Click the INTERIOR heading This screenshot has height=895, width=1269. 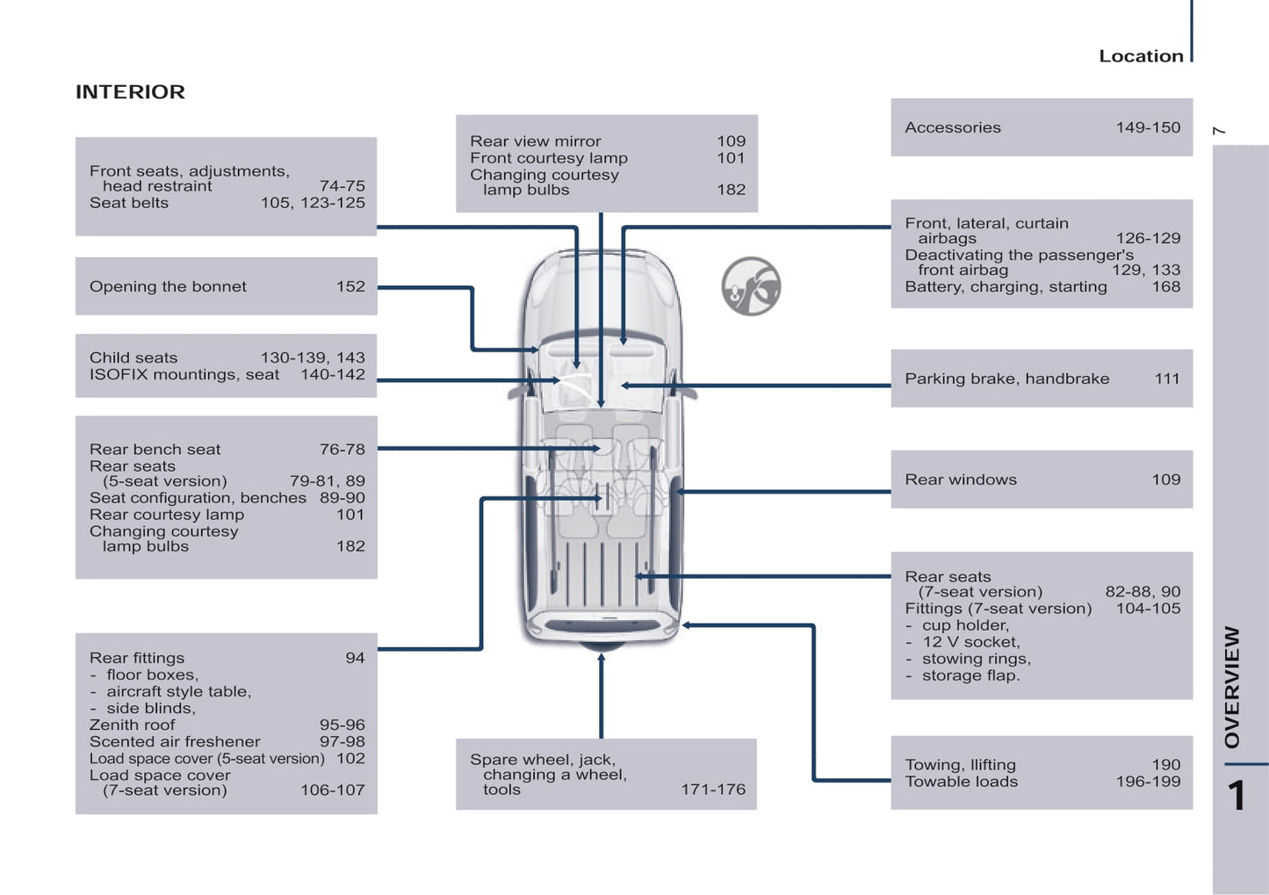click(x=130, y=92)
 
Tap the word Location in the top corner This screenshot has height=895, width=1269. click(x=1141, y=56)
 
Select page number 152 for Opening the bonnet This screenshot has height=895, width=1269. click(x=350, y=286)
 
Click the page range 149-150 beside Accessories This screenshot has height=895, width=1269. click(x=1148, y=127)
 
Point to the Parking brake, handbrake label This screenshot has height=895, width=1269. click(x=1006, y=379)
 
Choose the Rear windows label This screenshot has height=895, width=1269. click(x=961, y=480)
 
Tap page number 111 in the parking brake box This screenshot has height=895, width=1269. click(x=1166, y=379)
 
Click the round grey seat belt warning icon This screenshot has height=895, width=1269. click(x=751, y=286)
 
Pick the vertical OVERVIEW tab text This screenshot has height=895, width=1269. click(x=1233, y=686)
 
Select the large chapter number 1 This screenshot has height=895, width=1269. click(x=1237, y=796)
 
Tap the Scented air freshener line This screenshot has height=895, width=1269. click(x=175, y=741)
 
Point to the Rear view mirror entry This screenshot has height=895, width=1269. click(x=535, y=141)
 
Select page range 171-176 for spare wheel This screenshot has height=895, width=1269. click(x=712, y=790)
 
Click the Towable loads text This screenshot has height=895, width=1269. click(x=961, y=782)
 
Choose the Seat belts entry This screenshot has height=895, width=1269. click(x=128, y=203)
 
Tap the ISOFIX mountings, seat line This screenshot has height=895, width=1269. click(x=184, y=374)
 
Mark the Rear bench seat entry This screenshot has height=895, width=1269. click(x=155, y=450)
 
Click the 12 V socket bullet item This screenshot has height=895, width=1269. click(x=970, y=642)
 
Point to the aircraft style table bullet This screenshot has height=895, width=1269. click(x=178, y=691)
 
